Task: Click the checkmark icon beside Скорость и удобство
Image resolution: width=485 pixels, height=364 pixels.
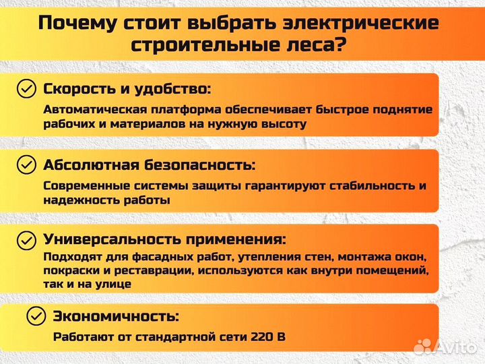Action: tap(26, 89)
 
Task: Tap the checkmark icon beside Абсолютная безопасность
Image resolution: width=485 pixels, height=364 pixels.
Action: tap(26, 164)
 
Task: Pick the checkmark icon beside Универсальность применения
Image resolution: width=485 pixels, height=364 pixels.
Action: tap(26, 239)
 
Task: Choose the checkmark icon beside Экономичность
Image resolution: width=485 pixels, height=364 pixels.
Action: tap(36, 315)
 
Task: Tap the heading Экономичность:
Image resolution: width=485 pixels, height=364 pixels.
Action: tap(116, 315)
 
